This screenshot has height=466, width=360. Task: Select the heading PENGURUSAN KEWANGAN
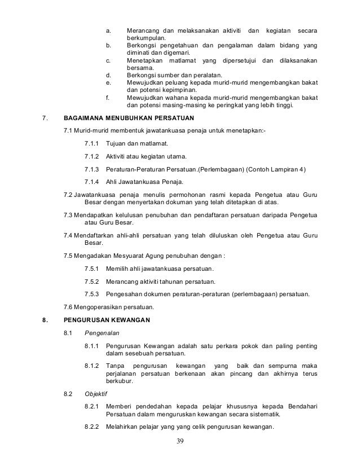click(x=107, y=320)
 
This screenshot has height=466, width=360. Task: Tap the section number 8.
click(x=45, y=320)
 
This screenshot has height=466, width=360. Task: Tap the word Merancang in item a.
click(x=142, y=29)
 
